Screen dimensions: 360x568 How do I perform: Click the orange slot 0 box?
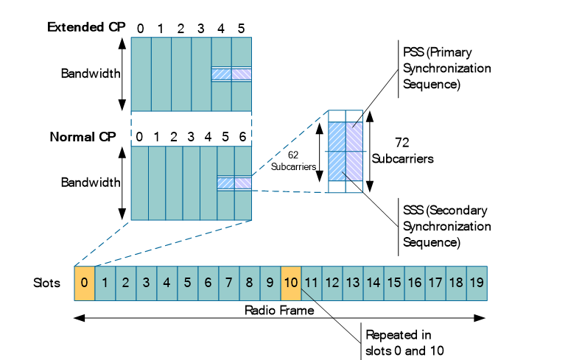(x=85, y=282)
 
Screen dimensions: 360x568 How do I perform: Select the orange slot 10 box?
(x=291, y=282)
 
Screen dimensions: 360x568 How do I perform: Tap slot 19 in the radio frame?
(x=476, y=282)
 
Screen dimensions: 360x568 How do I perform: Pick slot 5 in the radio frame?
(x=188, y=282)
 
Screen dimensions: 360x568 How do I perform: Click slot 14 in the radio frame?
(x=374, y=282)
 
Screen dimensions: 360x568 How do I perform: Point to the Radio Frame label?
(x=279, y=310)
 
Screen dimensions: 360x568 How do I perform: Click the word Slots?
(x=48, y=282)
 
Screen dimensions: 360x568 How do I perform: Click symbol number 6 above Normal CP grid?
(x=243, y=137)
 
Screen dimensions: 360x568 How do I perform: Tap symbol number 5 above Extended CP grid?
(x=242, y=28)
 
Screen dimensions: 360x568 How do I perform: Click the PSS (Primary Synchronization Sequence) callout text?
(x=446, y=69)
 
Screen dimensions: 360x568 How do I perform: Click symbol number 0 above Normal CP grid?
(x=139, y=137)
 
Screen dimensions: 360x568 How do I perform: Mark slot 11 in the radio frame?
(x=312, y=282)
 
